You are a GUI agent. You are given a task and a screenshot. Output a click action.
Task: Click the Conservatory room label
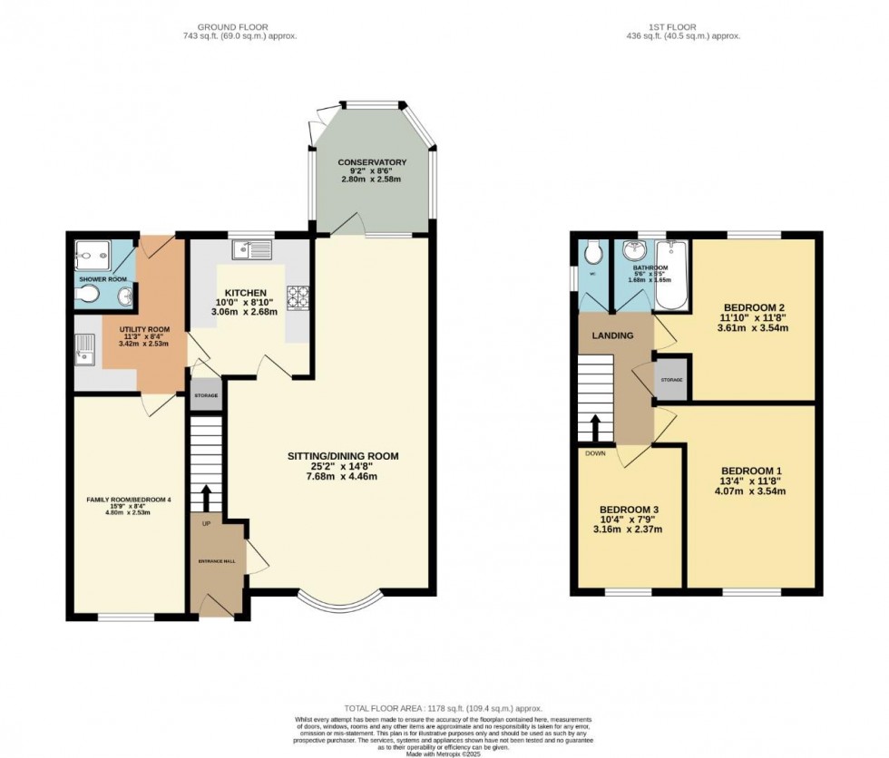tap(372, 163)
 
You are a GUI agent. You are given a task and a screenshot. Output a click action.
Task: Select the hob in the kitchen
tap(298, 296)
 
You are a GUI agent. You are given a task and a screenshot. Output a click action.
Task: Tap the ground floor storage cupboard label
tap(205, 396)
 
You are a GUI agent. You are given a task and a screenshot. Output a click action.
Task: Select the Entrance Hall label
tap(217, 562)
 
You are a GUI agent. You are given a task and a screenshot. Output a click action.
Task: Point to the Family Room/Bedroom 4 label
tap(129, 500)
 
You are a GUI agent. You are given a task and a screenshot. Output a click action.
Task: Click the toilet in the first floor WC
tap(593, 250)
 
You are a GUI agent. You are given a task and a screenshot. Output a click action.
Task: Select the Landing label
tap(614, 335)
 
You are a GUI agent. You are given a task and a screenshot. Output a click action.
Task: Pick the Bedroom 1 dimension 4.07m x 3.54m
tap(752, 491)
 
